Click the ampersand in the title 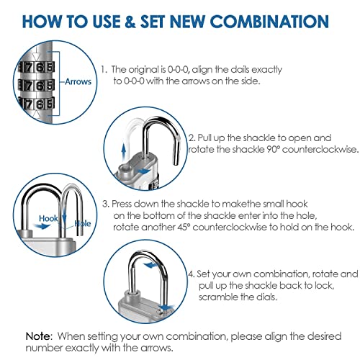coord(130,22)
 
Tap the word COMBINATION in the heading coord(270,22)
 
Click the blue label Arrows coord(78,81)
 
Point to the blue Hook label coord(48,218)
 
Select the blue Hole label coord(83,223)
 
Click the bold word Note coord(38,336)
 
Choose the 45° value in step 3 coord(182,227)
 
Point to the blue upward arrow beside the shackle coord(124,151)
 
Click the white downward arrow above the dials coord(36,55)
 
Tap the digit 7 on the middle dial coord(29,85)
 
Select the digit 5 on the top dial coord(50,67)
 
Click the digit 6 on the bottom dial coord(40,104)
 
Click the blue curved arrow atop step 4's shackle coord(150,265)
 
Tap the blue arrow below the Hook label coord(41,226)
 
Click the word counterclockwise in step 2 coord(320,149)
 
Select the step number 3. coord(106,204)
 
